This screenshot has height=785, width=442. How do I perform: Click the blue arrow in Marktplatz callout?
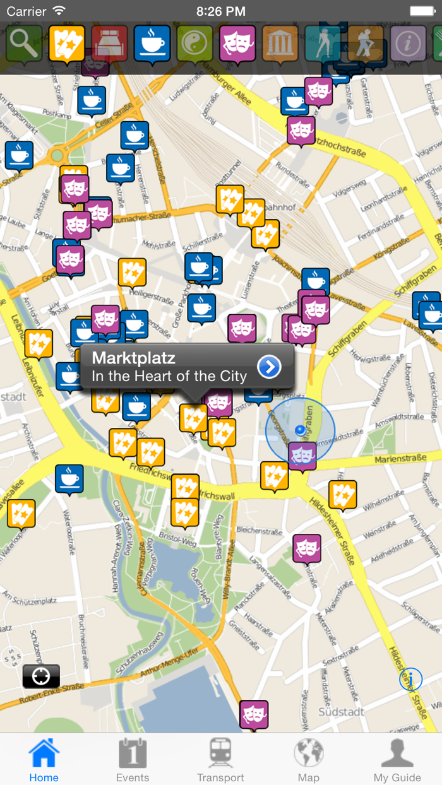click(269, 367)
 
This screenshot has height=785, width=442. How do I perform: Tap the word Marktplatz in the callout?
click(133, 358)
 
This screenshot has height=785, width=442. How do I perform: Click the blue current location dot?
click(301, 430)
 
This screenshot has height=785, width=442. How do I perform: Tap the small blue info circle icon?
click(410, 680)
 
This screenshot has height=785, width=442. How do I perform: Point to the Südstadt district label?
click(342, 712)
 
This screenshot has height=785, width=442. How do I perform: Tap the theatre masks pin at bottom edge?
click(254, 715)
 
